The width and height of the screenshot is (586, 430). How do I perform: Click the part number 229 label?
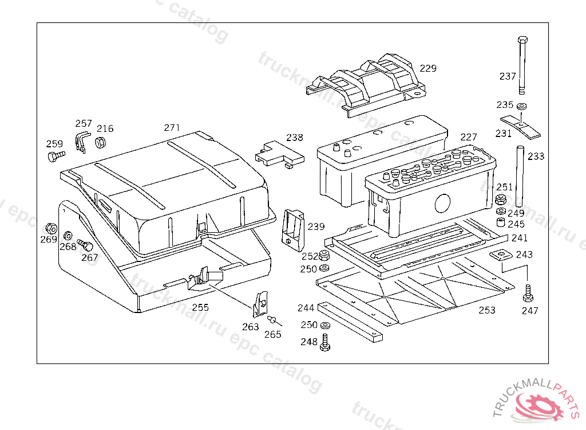(x=428, y=68)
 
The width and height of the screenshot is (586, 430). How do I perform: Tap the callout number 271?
(x=172, y=127)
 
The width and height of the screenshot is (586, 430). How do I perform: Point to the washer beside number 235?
(x=521, y=107)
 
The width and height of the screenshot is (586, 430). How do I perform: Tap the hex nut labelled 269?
(x=50, y=228)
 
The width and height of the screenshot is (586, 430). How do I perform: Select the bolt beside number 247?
(x=528, y=294)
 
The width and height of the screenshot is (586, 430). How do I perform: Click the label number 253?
(x=487, y=310)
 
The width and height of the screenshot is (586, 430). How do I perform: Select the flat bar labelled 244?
(x=350, y=322)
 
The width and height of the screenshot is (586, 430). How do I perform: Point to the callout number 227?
(x=468, y=138)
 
